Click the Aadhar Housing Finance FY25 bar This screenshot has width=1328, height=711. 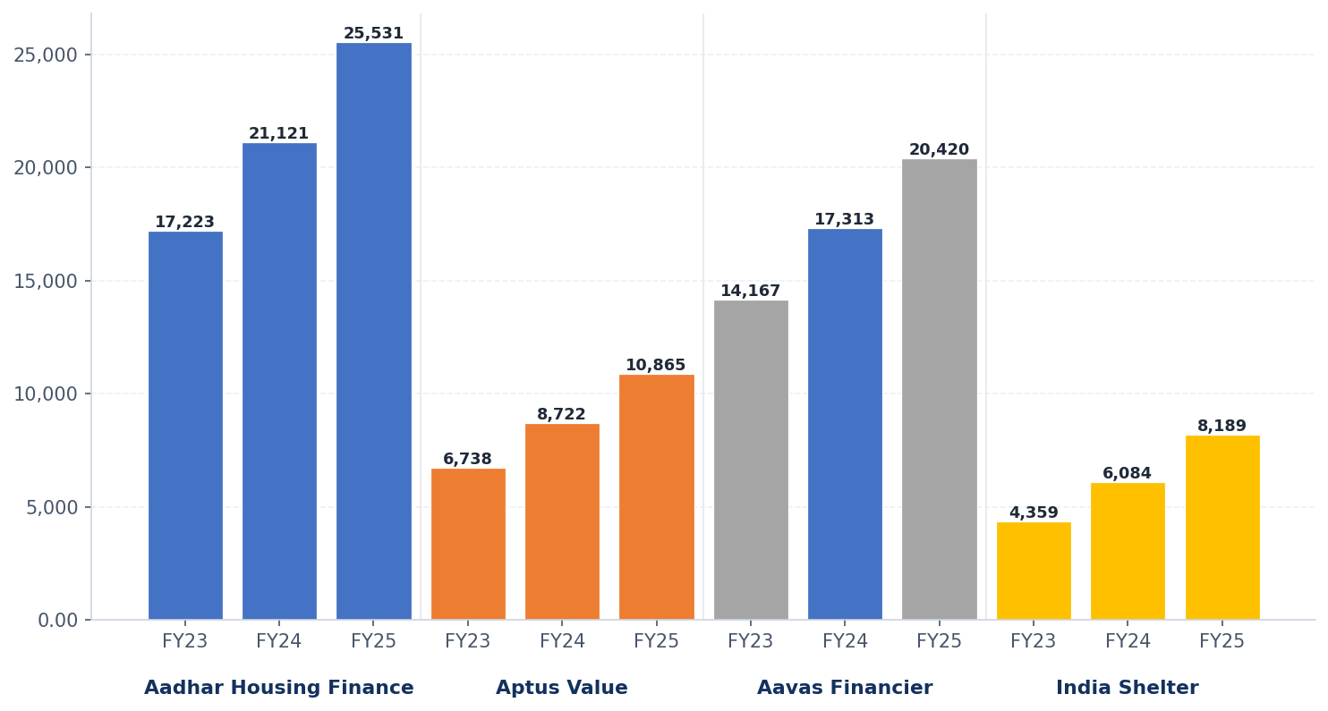pos(373,331)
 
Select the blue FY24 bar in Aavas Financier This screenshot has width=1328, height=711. pos(845,424)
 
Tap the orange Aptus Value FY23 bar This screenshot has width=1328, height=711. pos(468,544)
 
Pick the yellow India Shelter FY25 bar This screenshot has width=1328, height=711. pos(1222,528)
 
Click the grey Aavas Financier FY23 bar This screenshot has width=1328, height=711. pos(751,460)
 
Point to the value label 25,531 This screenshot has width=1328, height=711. pos(373,34)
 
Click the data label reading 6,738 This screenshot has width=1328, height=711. pos(468,460)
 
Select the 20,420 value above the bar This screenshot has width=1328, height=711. pos(939,150)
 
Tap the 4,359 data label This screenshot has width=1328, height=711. pos(1034,513)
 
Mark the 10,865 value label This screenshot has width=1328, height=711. pos(656,366)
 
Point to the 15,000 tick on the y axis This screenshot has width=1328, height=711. pos(46,281)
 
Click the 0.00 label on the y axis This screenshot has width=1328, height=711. pos(57,620)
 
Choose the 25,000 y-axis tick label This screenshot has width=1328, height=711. pos(46,55)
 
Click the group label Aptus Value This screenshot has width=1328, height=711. pos(562,689)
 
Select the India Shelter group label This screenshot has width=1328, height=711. pos(1127,689)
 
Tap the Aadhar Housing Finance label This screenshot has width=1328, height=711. pos(279,689)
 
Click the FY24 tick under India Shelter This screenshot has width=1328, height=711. pos(1127,641)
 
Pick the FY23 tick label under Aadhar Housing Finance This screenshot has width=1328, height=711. pos(185,641)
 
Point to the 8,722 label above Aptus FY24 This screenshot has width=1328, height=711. pos(561,415)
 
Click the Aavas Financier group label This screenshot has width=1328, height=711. pos(845,689)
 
